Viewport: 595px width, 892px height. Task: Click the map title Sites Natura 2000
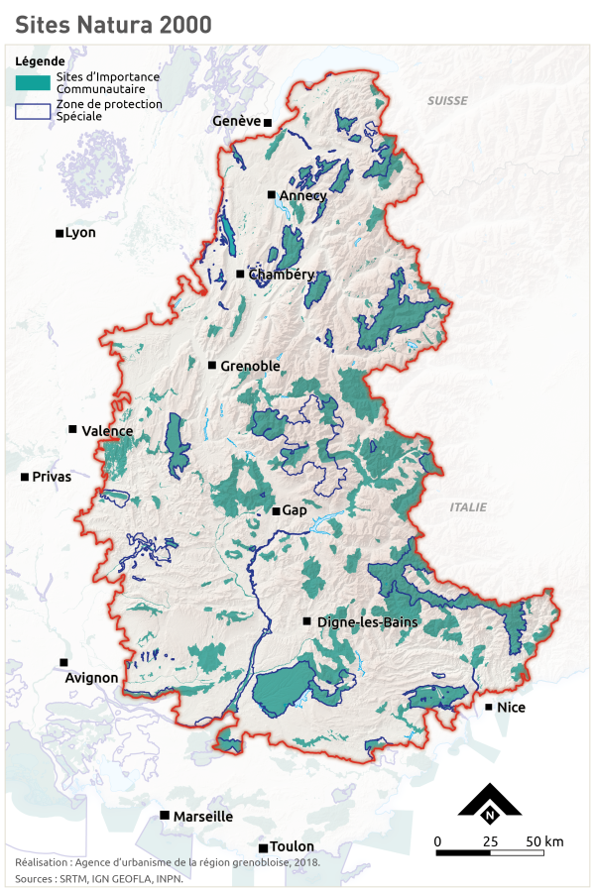113,25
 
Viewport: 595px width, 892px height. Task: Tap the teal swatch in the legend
33,81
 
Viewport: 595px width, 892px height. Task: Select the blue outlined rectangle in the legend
33,111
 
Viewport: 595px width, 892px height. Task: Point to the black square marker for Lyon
59,234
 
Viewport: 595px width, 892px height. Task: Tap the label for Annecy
302,196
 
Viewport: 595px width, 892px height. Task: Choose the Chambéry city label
282,275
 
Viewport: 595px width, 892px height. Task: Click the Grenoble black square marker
212,366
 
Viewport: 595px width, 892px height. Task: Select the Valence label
106,431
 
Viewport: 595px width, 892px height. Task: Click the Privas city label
52,477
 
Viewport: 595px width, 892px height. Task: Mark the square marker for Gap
277,511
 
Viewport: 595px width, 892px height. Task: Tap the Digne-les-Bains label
367,622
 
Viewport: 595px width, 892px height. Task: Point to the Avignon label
91,679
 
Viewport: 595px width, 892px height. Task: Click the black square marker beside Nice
489,707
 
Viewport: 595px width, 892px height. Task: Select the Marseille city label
203,817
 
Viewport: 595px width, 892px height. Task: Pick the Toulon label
293,847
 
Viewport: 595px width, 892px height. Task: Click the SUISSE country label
447,102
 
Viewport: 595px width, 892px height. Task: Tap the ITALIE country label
468,506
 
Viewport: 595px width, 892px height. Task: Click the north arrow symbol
489,804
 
